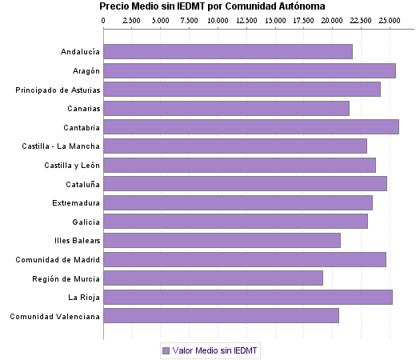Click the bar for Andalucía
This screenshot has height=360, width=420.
tap(228, 52)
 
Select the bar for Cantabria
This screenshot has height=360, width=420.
tap(251, 127)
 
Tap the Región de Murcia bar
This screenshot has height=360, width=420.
tap(214, 278)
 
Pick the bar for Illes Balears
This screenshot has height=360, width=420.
tap(222, 240)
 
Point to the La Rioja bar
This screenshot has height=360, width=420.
tap(248, 297)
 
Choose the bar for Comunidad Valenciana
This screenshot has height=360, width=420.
tap(222, 316)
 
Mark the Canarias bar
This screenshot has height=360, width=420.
tap(226, 109)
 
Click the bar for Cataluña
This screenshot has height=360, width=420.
tap(246, 184)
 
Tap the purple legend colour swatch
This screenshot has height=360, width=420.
tap(166, 350)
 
